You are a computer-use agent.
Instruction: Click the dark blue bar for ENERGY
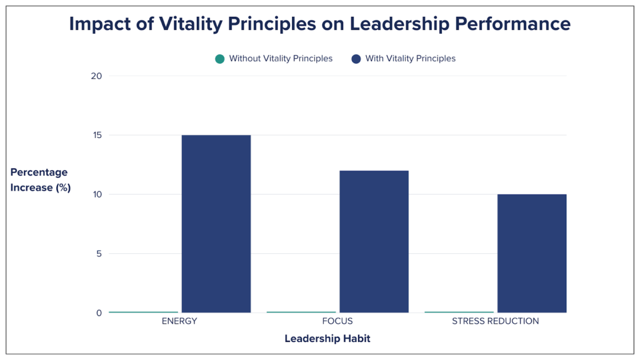[216, 224]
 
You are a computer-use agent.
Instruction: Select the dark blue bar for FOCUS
[374, 241]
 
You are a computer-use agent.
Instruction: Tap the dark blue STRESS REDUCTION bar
[532, 253]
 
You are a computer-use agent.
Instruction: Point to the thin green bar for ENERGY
[143, 312]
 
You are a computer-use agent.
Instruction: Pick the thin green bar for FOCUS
[301, 312]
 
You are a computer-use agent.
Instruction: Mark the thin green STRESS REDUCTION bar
[459, 312]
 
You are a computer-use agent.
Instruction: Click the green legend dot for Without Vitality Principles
[219, 59]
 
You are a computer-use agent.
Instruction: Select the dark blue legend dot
[356, 59]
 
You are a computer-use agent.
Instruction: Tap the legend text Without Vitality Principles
[281, 59]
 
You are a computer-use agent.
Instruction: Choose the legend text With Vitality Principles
[411, 59]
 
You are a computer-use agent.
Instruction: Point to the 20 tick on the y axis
[96, 76]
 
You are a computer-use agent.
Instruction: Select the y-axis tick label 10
[96, 194]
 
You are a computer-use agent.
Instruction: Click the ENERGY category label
[179, 321]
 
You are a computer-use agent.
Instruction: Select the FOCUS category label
[337, 321]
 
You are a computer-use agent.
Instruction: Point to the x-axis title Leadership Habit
[327, 339]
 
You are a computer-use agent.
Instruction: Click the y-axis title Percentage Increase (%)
[40, 180]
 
